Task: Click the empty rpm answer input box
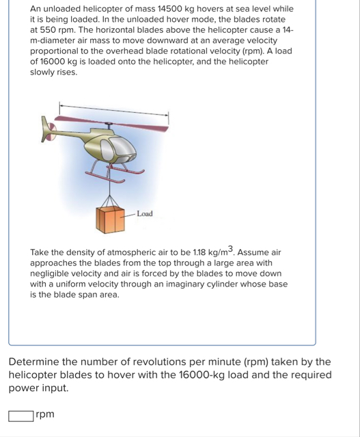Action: click(21, 416)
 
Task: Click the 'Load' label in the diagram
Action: click(145, 214)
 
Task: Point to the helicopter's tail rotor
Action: click(51, 131)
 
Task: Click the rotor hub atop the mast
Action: click(109, 123)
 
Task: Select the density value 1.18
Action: click(199, 252)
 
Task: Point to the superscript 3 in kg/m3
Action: click(231, 248)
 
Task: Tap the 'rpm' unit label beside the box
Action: click(45, 414)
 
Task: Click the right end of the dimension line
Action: click(168, 114)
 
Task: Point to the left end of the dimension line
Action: click(59, 105)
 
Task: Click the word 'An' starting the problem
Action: click(36, 9)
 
